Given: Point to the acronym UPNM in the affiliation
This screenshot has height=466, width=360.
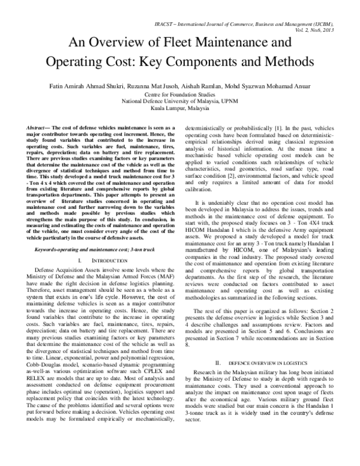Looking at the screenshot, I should tap(236, 102).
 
